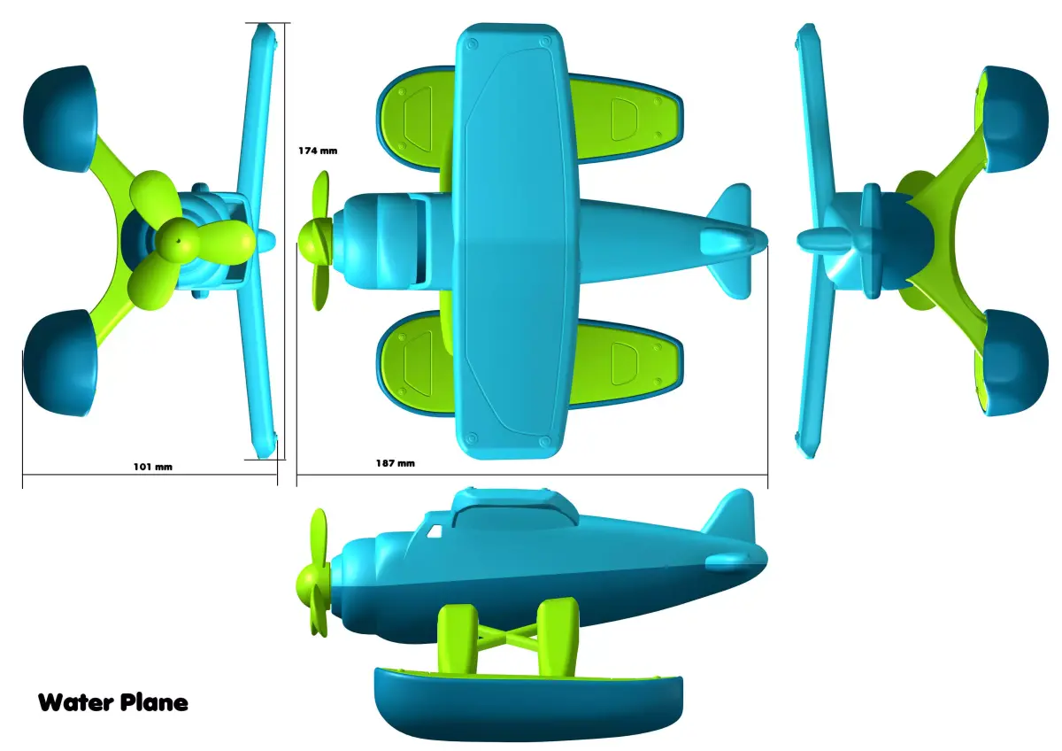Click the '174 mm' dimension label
click(318, 151)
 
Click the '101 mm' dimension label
click(152, 466)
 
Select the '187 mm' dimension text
click(395, 463)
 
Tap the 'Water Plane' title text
click(112, 703)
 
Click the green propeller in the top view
click(318, 239)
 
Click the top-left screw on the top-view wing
click(471, 42)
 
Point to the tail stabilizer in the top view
click(730, 240)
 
